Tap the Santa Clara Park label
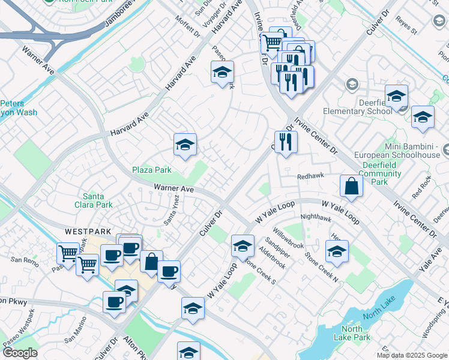click(x=98, y=200)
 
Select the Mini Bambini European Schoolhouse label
click(x=404, y=150)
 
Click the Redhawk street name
click(x=310, y=176)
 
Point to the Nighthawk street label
click(x=316, y=217)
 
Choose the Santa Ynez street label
click(x=172, y=211)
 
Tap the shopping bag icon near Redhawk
click(x=351, y=187)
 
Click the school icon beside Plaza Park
click(x=185, y=145)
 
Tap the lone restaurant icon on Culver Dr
click(x=286, y=142)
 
